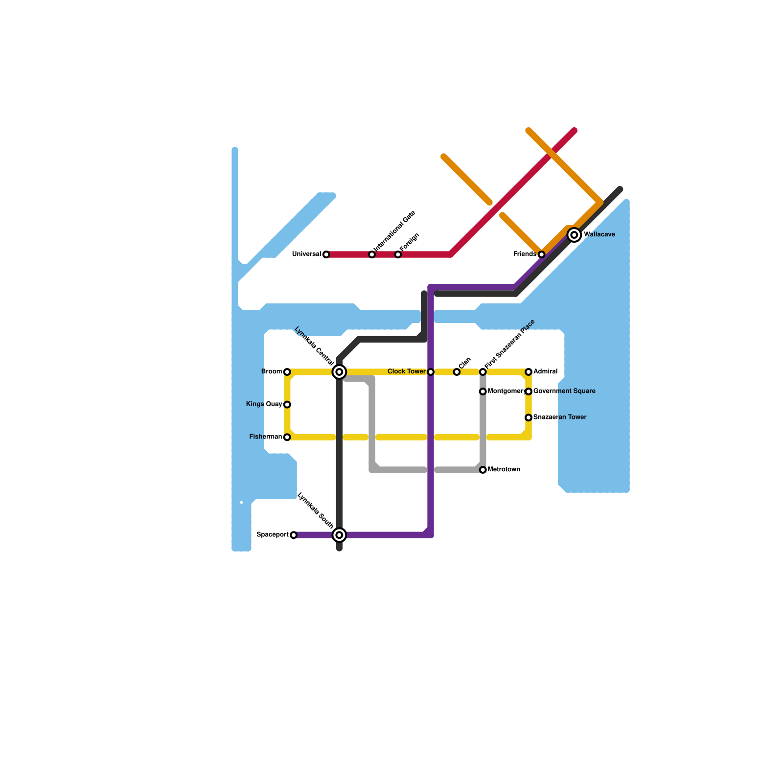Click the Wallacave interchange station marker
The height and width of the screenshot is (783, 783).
pyautogui.click(x=575, y=235)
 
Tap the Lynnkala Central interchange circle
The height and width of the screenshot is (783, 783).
pyautogui.click(x=339, y=372)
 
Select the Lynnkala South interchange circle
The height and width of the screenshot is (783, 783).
pyautogui.click(x=339, y=535)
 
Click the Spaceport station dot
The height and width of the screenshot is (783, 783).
pyautogui.click(x=294, y=535)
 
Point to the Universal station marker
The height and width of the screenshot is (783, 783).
pyautogui.click(x=326, y=254)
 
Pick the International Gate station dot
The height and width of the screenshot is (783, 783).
pyautogui.click(x=372, y=254)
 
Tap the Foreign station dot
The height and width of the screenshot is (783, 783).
pyautogui.click(x=398, y=254)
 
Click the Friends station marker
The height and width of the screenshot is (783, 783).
pyautogui.click(x=541, y=254)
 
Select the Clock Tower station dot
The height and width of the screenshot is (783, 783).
pyautogui.click(x=431, y=372)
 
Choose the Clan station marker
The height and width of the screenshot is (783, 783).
pyautogui.click(x=457, y=372)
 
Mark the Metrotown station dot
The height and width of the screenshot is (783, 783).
pyautogui.click(x=483, y=470)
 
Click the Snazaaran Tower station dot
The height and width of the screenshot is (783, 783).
pyautogui.click(x=529, y=417)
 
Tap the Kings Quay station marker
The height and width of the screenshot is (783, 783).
pyautogui.click(x=287, y=404)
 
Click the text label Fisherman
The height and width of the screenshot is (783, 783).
pyautogui.click(x=266, y=437)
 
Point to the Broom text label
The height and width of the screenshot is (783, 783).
pyautogui.click(x=272, y=372)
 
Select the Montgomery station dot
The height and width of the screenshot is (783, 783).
pyautogui.click(x=483, y=391)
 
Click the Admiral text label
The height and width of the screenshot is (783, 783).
pyautogui.click(x=545, y=372)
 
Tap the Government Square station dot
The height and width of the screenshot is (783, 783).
pyautogui.click(x=529, y=391)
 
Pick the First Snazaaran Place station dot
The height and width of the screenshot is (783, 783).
pyautogui.click(x=483, y=372)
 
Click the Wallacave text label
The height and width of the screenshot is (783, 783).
pyautogui.click(x=599, y=235)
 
